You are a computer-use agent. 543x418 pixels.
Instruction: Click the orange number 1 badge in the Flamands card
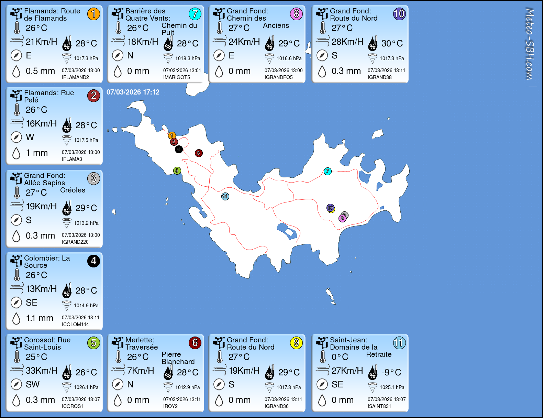pos(93,14)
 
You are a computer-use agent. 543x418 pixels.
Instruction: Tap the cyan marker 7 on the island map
pos(328,171)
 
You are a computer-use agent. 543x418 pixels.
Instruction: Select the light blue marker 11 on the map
pos(225,196)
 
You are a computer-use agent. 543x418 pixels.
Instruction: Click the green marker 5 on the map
pos(177,170)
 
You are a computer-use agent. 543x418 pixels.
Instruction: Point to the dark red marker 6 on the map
pos(199,153)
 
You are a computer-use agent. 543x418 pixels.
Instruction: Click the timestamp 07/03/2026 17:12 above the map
pos(133,92)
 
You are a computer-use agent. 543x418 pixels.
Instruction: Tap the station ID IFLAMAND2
pos(75,77)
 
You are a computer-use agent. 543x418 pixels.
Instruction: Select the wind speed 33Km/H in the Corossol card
pos(42,371)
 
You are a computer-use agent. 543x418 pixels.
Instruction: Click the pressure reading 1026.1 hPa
pos(86,387)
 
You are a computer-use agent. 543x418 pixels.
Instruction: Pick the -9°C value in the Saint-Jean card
pos(391,372)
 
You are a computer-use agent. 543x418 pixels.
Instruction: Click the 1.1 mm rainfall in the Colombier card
pos(40,318)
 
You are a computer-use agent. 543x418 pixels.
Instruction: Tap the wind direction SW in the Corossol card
pos(33,384)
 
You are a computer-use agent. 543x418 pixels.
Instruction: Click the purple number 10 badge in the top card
pos(399,14)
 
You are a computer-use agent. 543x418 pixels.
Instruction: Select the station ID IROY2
pos(170,406)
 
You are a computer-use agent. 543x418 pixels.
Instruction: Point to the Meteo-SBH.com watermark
pos(530,44)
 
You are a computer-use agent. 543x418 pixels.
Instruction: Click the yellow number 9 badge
pos(296,343)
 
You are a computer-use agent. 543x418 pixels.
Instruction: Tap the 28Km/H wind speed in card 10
pos(347,42)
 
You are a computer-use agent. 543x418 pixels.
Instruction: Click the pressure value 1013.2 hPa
pos(86,223)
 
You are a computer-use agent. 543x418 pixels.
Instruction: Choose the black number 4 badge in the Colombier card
pos(93,261)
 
